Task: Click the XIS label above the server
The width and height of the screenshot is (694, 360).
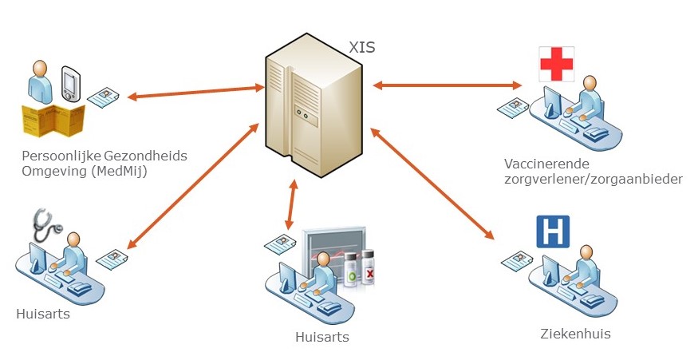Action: point(361,47)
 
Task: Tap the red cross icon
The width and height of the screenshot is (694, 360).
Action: point(557,64)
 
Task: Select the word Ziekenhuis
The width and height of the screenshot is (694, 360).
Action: point(574,334)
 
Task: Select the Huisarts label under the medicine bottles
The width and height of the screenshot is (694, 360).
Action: point(321,337)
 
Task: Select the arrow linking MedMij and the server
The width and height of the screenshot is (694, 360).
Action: point(195,92)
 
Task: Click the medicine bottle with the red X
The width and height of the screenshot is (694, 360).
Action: point(369,270)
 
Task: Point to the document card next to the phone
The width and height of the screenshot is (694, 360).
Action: point(104,97)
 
